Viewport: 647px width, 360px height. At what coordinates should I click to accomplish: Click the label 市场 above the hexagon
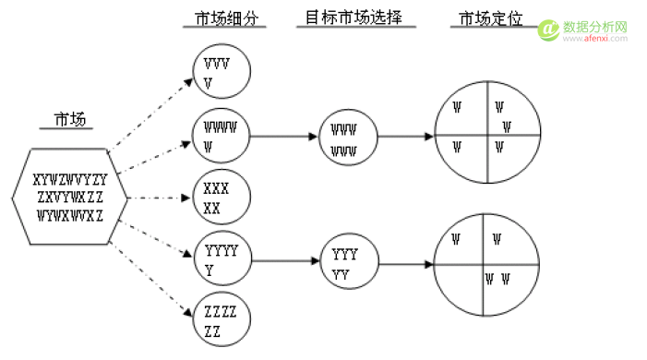[66, 119]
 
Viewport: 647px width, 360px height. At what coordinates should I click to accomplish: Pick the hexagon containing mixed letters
[68, 197]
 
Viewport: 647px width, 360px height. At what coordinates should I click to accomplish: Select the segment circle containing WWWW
[221, 136]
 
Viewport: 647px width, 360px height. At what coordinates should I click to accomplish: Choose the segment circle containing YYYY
[221, 260]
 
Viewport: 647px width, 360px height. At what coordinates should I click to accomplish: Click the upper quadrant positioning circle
[485, 137]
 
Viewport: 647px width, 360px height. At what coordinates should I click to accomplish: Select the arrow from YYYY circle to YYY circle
[283, 261]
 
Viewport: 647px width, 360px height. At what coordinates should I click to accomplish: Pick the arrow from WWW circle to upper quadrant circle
[406, 137]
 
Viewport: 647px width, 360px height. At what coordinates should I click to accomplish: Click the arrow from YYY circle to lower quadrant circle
[406, 266]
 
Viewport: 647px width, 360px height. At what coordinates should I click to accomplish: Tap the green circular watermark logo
[547, 30]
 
